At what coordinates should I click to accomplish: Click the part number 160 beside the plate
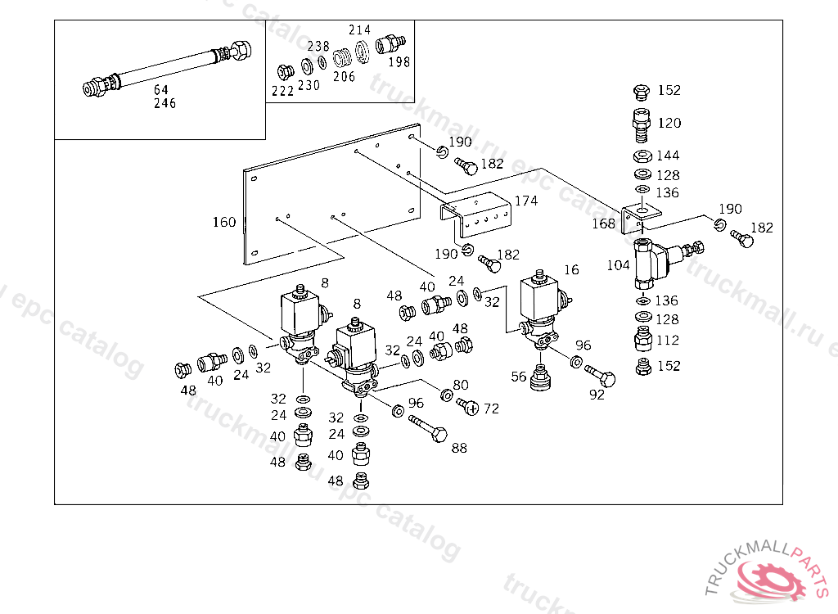coord(224,222)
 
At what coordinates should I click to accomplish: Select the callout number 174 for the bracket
coord(526,201)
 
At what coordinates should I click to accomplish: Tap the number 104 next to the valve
coord(619,265)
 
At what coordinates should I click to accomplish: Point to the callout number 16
coord(571,269)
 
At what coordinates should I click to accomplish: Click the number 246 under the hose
coord(164,103)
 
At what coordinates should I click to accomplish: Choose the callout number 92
coord(597,395)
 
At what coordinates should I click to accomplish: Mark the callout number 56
coord(519,376)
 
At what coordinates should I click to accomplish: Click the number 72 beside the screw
coord(491,408)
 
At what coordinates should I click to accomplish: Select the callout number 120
coord(669,123)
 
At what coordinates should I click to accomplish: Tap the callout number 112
coord(669,340)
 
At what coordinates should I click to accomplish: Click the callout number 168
coord(605,223)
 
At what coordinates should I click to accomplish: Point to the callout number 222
coord(282,91)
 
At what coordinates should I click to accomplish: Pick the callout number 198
coord(399,61)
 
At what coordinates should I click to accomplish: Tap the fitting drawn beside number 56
coord(541,379)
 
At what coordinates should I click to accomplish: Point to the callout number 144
coord(669,155)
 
